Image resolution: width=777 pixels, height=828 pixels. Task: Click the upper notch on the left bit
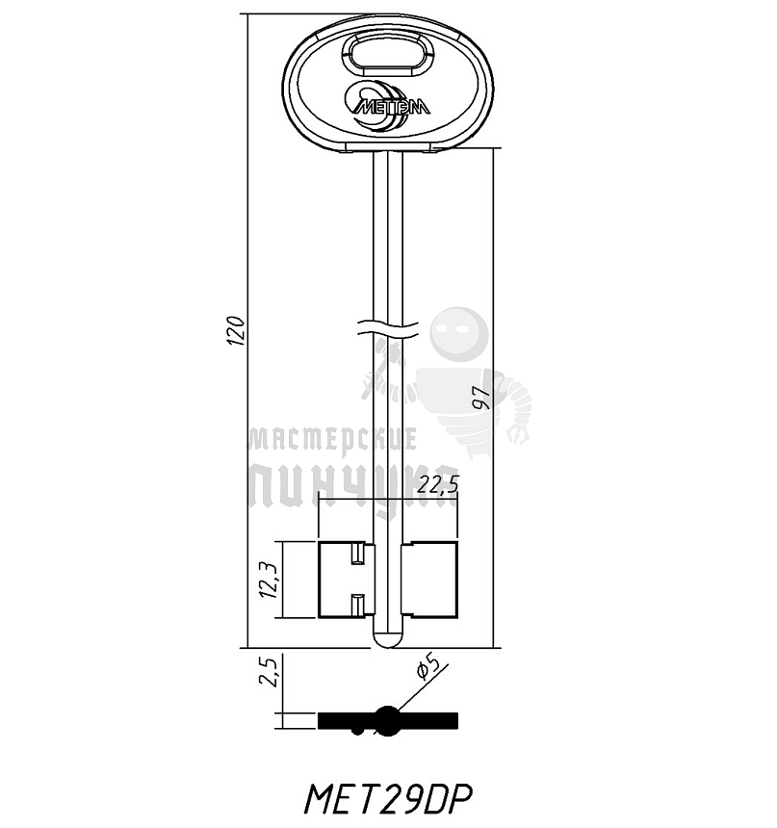click(x=357, y=555)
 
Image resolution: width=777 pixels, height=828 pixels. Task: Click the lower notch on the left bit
click(x=357, y=605)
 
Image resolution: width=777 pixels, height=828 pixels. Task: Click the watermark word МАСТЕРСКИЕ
click(x=332, y=441)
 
